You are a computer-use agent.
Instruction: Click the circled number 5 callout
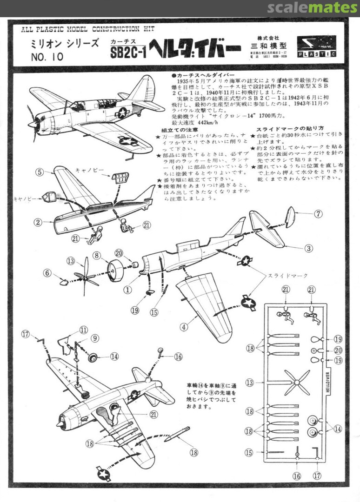click(x=40, y=172)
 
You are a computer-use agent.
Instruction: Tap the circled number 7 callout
click(x=318, y=214)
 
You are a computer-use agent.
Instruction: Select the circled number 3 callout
click(x=308, y=248)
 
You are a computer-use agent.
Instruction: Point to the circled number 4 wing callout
click(x=184, y=327)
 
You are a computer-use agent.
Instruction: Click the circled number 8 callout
click(x=97, y=255)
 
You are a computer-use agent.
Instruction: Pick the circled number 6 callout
click(x=47, y=273)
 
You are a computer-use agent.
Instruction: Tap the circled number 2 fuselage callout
click(x=38, y=222)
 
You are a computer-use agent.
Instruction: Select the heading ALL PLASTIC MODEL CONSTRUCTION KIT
click(x=87, y=29)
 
